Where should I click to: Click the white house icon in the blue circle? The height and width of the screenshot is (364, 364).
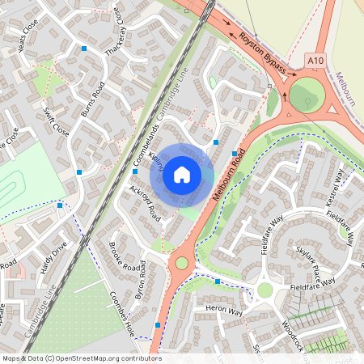click(x=182, y=175)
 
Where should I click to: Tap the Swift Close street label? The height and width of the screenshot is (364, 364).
click(x=57, y=121)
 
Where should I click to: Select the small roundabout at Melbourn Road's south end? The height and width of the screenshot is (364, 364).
click(x=181, y=263)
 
